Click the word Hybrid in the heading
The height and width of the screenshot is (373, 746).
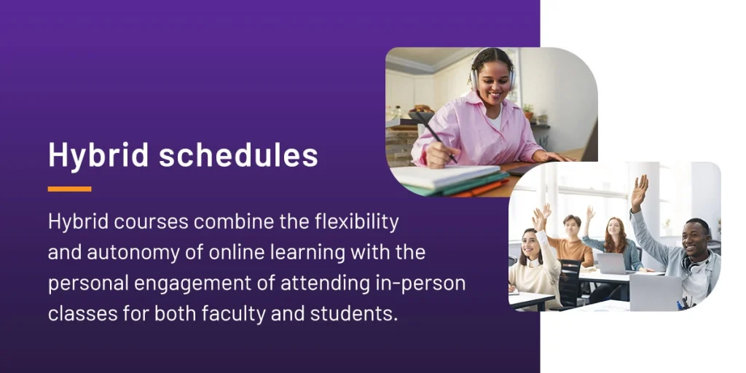[98, 155]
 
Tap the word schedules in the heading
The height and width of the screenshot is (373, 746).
[238, 154]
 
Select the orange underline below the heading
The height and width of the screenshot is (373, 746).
[69, 189]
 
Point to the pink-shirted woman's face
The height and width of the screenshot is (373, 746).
[494, 79]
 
